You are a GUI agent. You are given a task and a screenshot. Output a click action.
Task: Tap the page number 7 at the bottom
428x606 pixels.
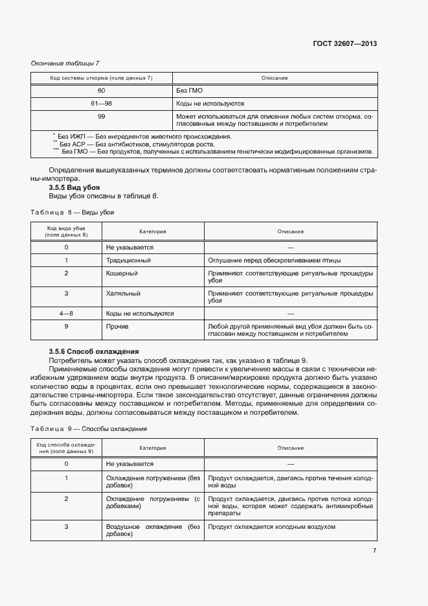click(374, 550)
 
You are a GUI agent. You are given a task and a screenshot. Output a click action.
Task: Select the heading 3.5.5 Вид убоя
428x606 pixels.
click(70, 187)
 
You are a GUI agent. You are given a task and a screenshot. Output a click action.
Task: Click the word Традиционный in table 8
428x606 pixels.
click(128, 260)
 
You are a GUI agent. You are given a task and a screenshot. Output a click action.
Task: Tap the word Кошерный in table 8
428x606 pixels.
click(122, 274)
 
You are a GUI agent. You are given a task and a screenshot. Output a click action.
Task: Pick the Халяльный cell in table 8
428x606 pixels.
click(123, 293)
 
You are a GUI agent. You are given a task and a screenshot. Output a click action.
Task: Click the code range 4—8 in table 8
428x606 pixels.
click(66, 313)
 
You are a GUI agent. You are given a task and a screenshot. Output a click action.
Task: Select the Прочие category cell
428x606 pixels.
click(117, 326)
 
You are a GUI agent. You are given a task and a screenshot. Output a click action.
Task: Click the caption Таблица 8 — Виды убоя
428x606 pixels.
click(73, 211)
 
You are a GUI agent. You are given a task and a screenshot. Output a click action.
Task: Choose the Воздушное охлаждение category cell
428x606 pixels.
click(153, 530)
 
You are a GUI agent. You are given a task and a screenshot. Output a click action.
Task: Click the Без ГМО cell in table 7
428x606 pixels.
click(187, 91)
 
